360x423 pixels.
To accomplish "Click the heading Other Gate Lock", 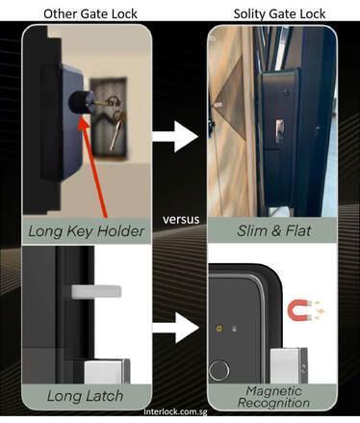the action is pyautogui.click(x=90, y=13).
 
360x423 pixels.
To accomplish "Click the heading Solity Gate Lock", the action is pyautogui.click(x=279, y=13).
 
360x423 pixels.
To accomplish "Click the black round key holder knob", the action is pyautogui.click(x=80, y=102).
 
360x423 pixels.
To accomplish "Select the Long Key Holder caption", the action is pyautogui.click(x=86, y=231).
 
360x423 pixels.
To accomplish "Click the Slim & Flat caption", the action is pyautogui.click(x=273, y=230).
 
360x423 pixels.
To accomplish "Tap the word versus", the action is pyautogui.click(x=181, y=220).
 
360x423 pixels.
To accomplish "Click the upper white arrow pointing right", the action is pyautogui.click(x=175, y=137).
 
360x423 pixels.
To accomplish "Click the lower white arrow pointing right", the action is pyautogui.click(x=175, y=328).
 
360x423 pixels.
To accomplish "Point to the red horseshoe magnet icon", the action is pyautogui.click(x=300, y=310).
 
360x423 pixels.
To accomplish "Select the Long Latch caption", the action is pyautogui.click(x=85, y=396).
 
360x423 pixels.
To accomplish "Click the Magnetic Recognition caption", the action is pyautogui.click(x=273, y=397).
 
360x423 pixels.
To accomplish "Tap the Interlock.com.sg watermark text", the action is pyautogui.click(x=175, y=411).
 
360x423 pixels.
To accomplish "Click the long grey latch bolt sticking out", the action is pyautogui.click(x=96, y=292).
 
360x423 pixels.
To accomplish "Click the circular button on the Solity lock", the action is pyautogui.click(x=219, y=371).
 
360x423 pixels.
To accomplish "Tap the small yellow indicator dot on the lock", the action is pyautogui.click(x=219, y=329).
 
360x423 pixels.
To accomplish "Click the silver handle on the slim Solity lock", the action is pyautogui.click(x=279, y=131).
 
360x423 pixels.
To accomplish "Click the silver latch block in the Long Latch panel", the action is pyautogui.click(x=107, y=372).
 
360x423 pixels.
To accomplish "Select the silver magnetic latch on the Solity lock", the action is pyautogui.click(x=289, y=365).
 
